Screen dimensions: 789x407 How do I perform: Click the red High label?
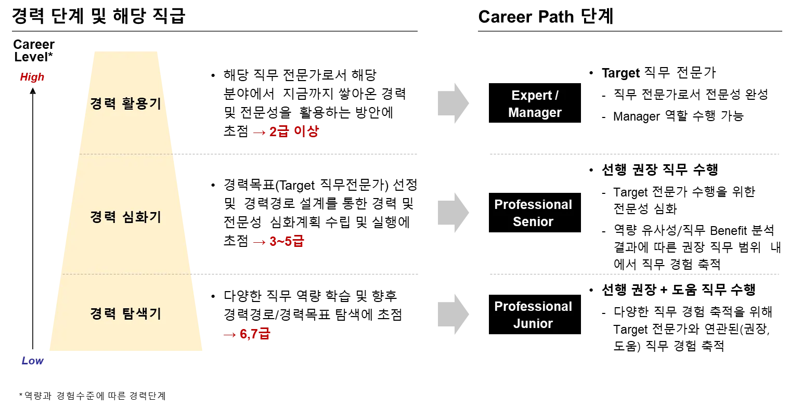(32, 78)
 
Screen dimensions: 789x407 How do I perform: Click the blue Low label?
(33, 361)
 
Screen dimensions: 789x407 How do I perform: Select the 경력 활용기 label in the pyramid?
(125, 103)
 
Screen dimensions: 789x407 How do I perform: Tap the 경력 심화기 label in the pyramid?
(125, 217)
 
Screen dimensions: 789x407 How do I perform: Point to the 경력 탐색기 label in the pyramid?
(125, 313)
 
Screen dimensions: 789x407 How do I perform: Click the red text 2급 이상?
(293, 132)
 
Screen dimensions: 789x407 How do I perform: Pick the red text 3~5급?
(286, 242)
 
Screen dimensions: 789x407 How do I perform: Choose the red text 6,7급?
(255, 334)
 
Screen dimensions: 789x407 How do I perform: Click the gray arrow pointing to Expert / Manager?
(453, 102)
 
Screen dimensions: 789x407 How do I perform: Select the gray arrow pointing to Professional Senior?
(453, 212)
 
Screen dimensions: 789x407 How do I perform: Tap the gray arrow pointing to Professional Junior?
(453, 314)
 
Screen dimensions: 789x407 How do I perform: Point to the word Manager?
(535, 113)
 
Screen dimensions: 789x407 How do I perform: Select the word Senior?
(533, 222)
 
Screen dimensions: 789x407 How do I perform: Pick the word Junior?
(533, 323)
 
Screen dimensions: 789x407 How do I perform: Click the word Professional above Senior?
(533, 205)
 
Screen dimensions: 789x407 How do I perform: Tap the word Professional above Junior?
(533, 307)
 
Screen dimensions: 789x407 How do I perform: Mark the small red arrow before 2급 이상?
(258, 132)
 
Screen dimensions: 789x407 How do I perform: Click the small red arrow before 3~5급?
(258, 242)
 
